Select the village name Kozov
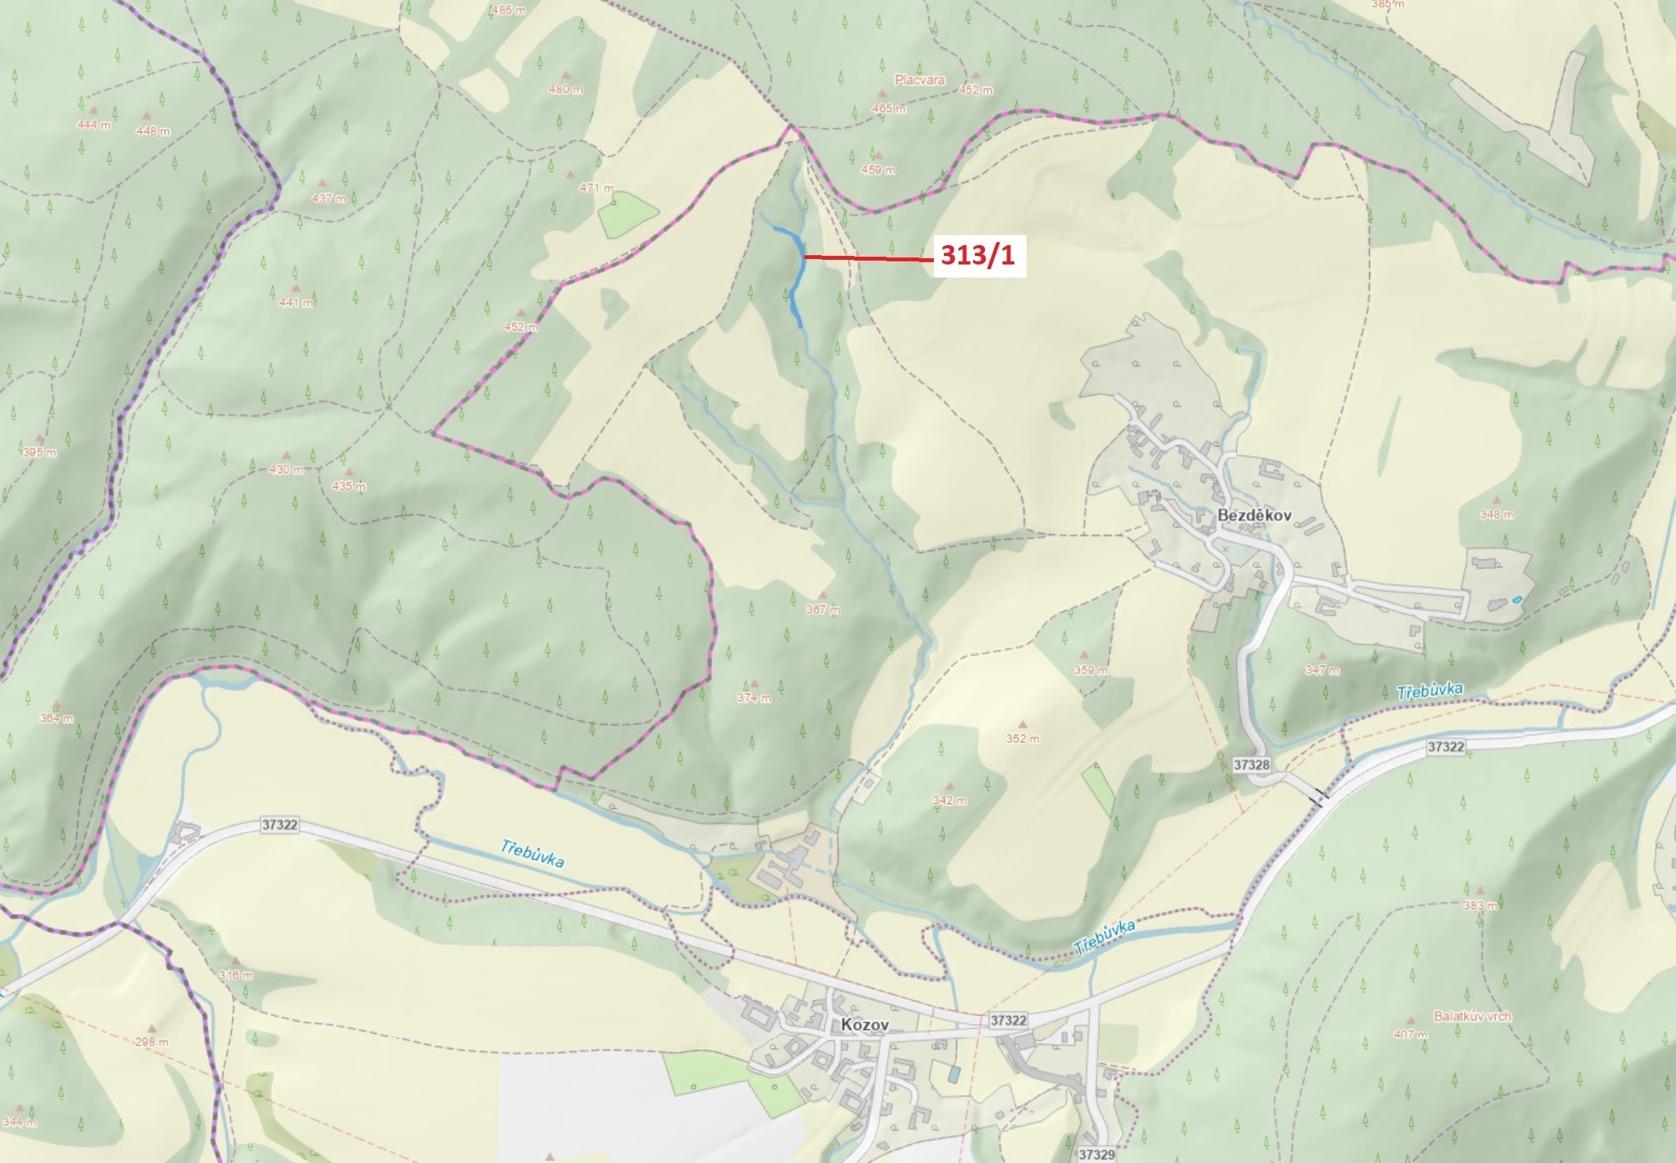[x=865, y=1025]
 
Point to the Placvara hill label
[x=919, y=80]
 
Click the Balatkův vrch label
[x=1472, y=1016]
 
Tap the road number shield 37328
[x=1252, y=765]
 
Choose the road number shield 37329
[x=1097, y=1154]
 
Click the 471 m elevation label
[x=596, y=188]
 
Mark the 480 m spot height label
[x=565, y=89]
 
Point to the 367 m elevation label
[x=823, y=609]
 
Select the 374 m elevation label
[x=754, y=697]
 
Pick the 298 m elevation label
[x=151, y=1042]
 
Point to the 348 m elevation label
[x=1496, y=514]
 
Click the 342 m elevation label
[x=949, y=800]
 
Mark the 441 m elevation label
[x=295, y=302]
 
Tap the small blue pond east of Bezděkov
[x=1519, y=599]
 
